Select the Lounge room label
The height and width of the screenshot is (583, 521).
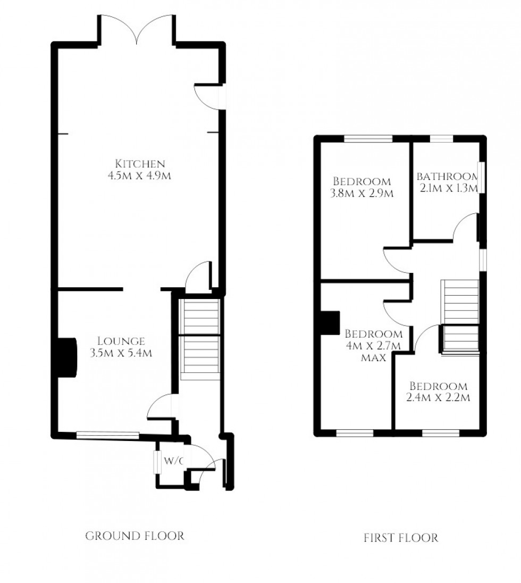pos(121,341)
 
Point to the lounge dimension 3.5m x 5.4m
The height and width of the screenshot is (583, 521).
pos(121,353)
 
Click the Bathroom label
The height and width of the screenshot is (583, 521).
pos(447,177)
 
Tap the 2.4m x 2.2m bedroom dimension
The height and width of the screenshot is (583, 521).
pos(439,397)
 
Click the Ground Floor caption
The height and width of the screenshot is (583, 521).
pos(135,536)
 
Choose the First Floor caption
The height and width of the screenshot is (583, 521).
pos(401,538)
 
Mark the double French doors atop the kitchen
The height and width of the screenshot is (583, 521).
pos(137,29)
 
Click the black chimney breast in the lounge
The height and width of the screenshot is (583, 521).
pos(66,357)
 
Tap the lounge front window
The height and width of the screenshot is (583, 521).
pos(107,435)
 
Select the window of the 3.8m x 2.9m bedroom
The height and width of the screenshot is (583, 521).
pos(368,139)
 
